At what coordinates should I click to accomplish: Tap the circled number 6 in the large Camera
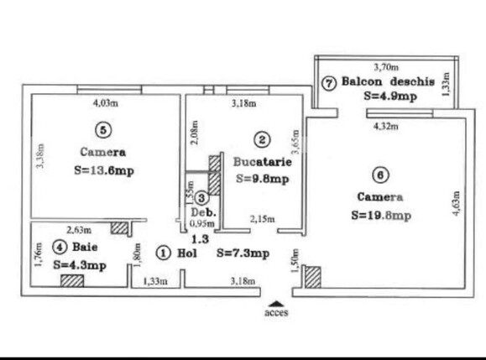pos(380,175)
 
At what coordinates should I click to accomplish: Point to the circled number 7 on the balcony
pos(328,83)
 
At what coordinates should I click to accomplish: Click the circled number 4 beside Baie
pos(59,247)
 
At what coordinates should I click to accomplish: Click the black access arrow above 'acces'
pos(274,303)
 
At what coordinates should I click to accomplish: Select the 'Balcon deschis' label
pos(387,82)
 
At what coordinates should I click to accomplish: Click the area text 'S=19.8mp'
pos(381,215)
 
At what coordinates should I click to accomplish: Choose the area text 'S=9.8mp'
pos(263,178)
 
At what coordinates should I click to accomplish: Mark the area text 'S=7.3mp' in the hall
pos(243,253)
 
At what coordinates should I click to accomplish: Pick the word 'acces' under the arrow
pos(274,316)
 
